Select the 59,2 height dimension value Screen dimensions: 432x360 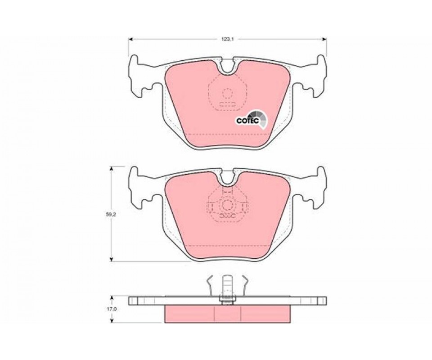(111, 215)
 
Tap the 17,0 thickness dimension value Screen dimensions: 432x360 (111, 309)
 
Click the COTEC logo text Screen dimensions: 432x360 (247, 120)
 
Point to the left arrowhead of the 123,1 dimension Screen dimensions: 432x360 (131, 40)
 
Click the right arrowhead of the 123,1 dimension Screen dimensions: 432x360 (324, 40)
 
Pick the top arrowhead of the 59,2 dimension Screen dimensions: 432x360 (111, 169)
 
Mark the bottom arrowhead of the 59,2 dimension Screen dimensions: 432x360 (111, 259)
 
